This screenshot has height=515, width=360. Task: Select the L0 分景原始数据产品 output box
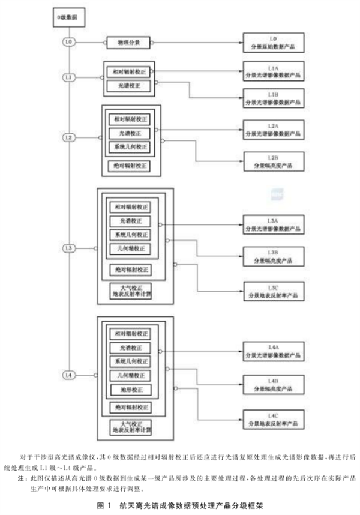tap(272, 43)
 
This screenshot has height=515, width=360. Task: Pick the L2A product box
tap(272, 127)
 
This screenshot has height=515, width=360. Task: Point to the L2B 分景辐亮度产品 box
tap(272, 160)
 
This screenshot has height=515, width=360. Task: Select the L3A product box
tap(272, 223)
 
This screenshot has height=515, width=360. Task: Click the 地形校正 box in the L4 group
tap(130, 391)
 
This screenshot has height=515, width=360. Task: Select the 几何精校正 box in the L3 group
tap(130, 248)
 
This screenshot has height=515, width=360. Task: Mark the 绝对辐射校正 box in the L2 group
tap(130, 165)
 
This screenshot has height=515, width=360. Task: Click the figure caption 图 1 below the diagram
tap(179, 506)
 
